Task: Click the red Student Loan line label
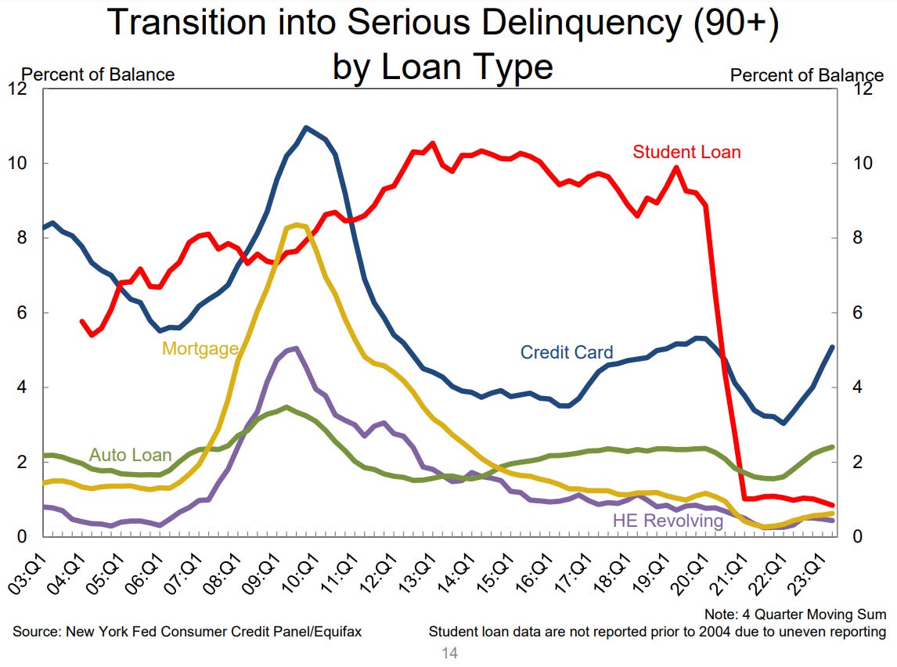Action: pos(686,152)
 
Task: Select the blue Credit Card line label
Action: pos(567,352)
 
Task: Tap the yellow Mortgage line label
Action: pos(200,348)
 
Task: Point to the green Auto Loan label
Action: pos(131,455)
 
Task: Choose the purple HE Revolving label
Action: pos(668,521)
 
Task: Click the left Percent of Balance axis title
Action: pos(98,75)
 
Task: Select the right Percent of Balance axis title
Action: pos(807,76)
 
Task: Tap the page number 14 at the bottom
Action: pos(449,653)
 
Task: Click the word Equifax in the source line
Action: pos(337,632)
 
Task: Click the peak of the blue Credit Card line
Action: pos(306,127)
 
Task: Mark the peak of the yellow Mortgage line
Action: pos(296,225)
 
